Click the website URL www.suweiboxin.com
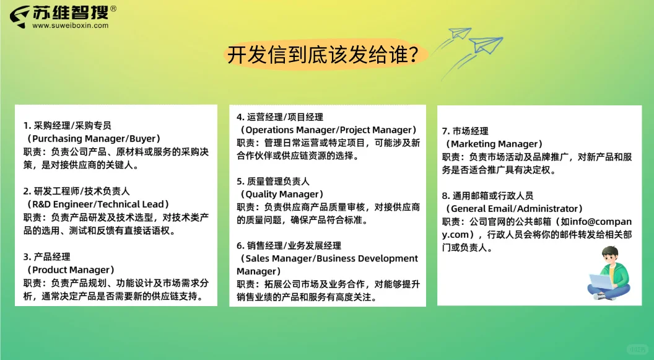coord(70,25)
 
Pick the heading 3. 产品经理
coord(47,257)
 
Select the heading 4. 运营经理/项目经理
coord(280,116)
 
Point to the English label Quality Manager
coord(281,194)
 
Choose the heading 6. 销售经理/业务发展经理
coord(289,245)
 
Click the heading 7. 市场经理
coord(465,131)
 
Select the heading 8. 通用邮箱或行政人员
coord(487,195)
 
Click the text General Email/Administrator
coord(513,208)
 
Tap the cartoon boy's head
coord(611,255)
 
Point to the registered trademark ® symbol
coord(113,9)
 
